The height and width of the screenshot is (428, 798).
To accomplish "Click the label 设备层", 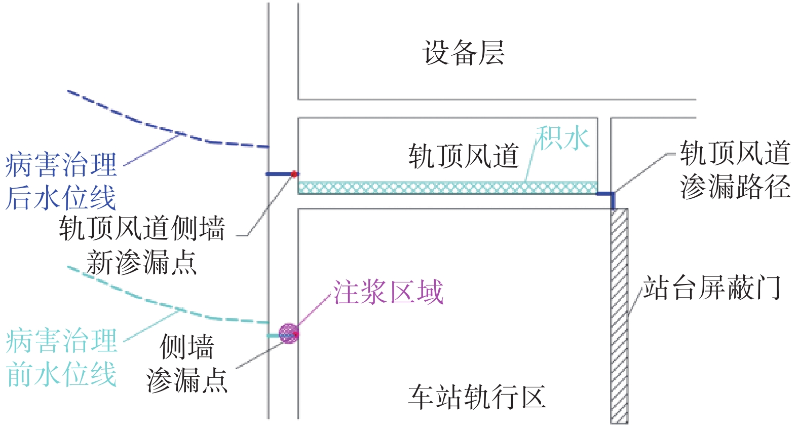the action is click(463, 52).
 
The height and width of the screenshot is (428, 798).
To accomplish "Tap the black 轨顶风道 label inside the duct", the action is click(463, 156).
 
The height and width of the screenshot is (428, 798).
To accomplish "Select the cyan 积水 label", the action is click(562, 137).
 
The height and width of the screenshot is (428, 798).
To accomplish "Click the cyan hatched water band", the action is click(447, 188).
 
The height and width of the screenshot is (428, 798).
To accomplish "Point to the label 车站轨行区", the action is click(477, 397).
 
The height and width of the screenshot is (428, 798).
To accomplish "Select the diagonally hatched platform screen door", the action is click(619, 316).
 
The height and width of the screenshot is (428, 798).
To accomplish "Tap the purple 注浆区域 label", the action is click(388, 292).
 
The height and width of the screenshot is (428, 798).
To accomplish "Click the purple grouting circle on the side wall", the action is click(288, 334).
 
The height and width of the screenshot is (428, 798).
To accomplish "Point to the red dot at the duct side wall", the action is click(294, 174).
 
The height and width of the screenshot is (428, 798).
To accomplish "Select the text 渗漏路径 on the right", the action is click(735, 187).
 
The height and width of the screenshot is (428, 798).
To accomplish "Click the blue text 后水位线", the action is click(61, 198).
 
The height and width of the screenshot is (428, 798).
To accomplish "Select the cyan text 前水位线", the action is click(61, 374).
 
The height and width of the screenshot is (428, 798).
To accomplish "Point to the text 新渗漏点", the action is click(141, 262).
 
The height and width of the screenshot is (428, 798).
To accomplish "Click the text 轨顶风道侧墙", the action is click(142, 228).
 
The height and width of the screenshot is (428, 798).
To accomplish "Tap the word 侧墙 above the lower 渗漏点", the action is click(186, 347).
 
